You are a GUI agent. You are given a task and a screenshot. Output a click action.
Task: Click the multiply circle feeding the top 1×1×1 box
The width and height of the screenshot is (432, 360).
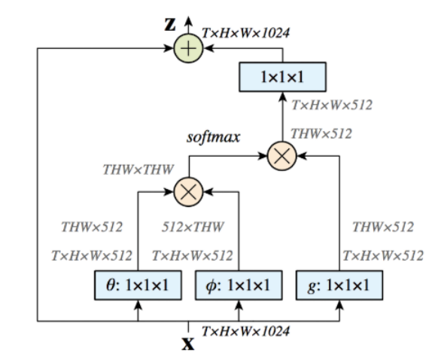283,157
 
